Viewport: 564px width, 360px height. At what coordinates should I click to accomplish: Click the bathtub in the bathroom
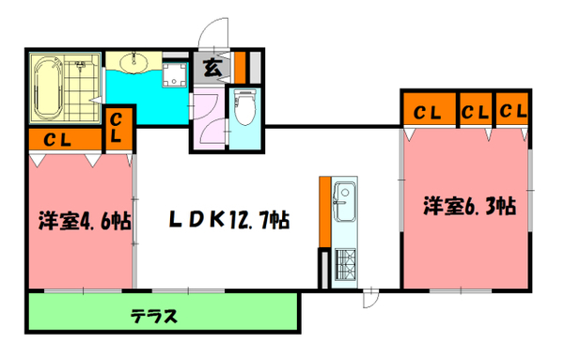(47, 90)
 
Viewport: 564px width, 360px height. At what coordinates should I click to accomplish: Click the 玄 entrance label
(211, 67)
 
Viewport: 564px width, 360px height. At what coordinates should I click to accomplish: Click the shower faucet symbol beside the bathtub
(81, 65)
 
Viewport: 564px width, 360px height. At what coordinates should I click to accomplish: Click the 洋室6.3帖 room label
(466, 205)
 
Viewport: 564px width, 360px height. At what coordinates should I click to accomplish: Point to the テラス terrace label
(156, 315)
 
